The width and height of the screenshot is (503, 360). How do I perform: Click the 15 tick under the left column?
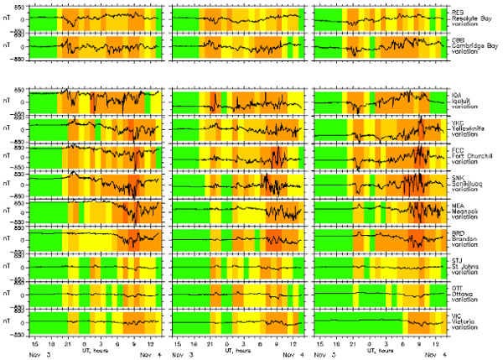tap(36, 343)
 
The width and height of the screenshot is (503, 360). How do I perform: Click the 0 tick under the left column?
tap(85, 343)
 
